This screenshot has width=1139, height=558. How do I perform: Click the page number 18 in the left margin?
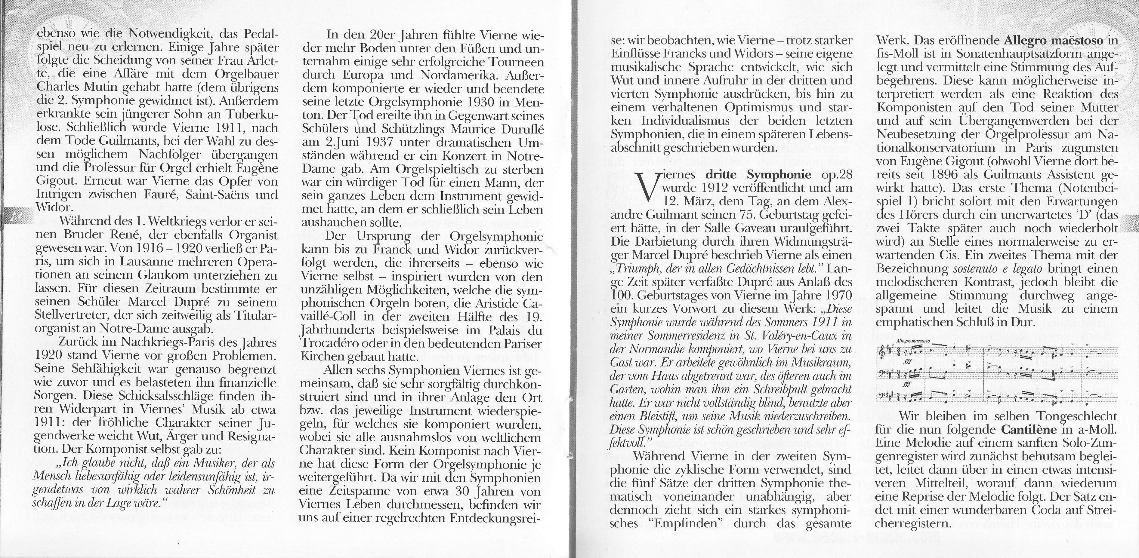(x=16, y=216)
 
